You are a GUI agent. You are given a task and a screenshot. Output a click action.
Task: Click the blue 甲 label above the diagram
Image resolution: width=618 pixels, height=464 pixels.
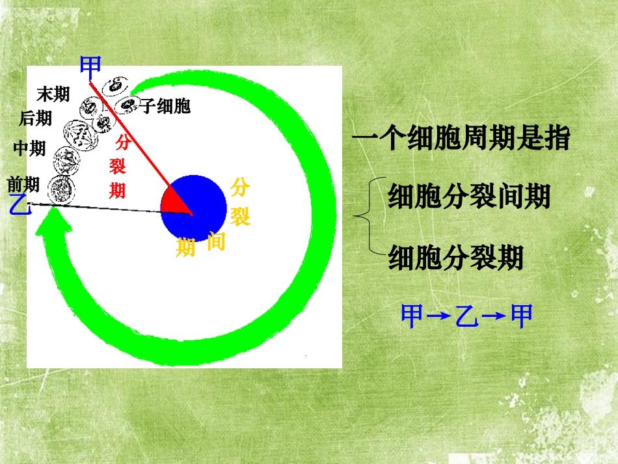(90, 65)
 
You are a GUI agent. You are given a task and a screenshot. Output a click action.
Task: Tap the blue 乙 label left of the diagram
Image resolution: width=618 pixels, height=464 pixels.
(20, 206)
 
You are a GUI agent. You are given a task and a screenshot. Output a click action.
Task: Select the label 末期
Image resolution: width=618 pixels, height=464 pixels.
(53, 95)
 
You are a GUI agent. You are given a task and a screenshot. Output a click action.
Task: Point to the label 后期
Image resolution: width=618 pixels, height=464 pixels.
(36, 118)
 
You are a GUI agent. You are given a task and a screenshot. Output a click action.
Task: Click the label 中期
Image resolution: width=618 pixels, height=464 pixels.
(29, 149)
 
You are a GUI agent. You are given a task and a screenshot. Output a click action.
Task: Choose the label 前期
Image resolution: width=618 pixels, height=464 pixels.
(23, 185)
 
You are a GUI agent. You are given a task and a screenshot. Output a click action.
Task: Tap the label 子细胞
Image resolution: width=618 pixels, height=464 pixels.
(165, 107)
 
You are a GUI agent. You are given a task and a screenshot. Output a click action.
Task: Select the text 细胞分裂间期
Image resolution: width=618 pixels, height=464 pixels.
(469, 196)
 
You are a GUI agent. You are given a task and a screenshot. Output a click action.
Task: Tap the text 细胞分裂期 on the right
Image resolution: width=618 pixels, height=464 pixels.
(455, 258)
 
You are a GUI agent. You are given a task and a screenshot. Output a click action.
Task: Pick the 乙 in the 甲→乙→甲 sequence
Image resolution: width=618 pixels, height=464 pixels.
(466, 316)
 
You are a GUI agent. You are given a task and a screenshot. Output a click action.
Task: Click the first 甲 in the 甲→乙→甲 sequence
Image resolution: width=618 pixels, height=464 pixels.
(412, 316)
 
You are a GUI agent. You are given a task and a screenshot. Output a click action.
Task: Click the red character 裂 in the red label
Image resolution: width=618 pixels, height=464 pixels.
(118, 167)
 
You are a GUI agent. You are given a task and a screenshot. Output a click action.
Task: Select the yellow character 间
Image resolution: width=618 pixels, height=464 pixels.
(216, 241)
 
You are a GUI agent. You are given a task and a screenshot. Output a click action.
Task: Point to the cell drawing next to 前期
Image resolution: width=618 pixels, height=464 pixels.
(60, 189)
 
